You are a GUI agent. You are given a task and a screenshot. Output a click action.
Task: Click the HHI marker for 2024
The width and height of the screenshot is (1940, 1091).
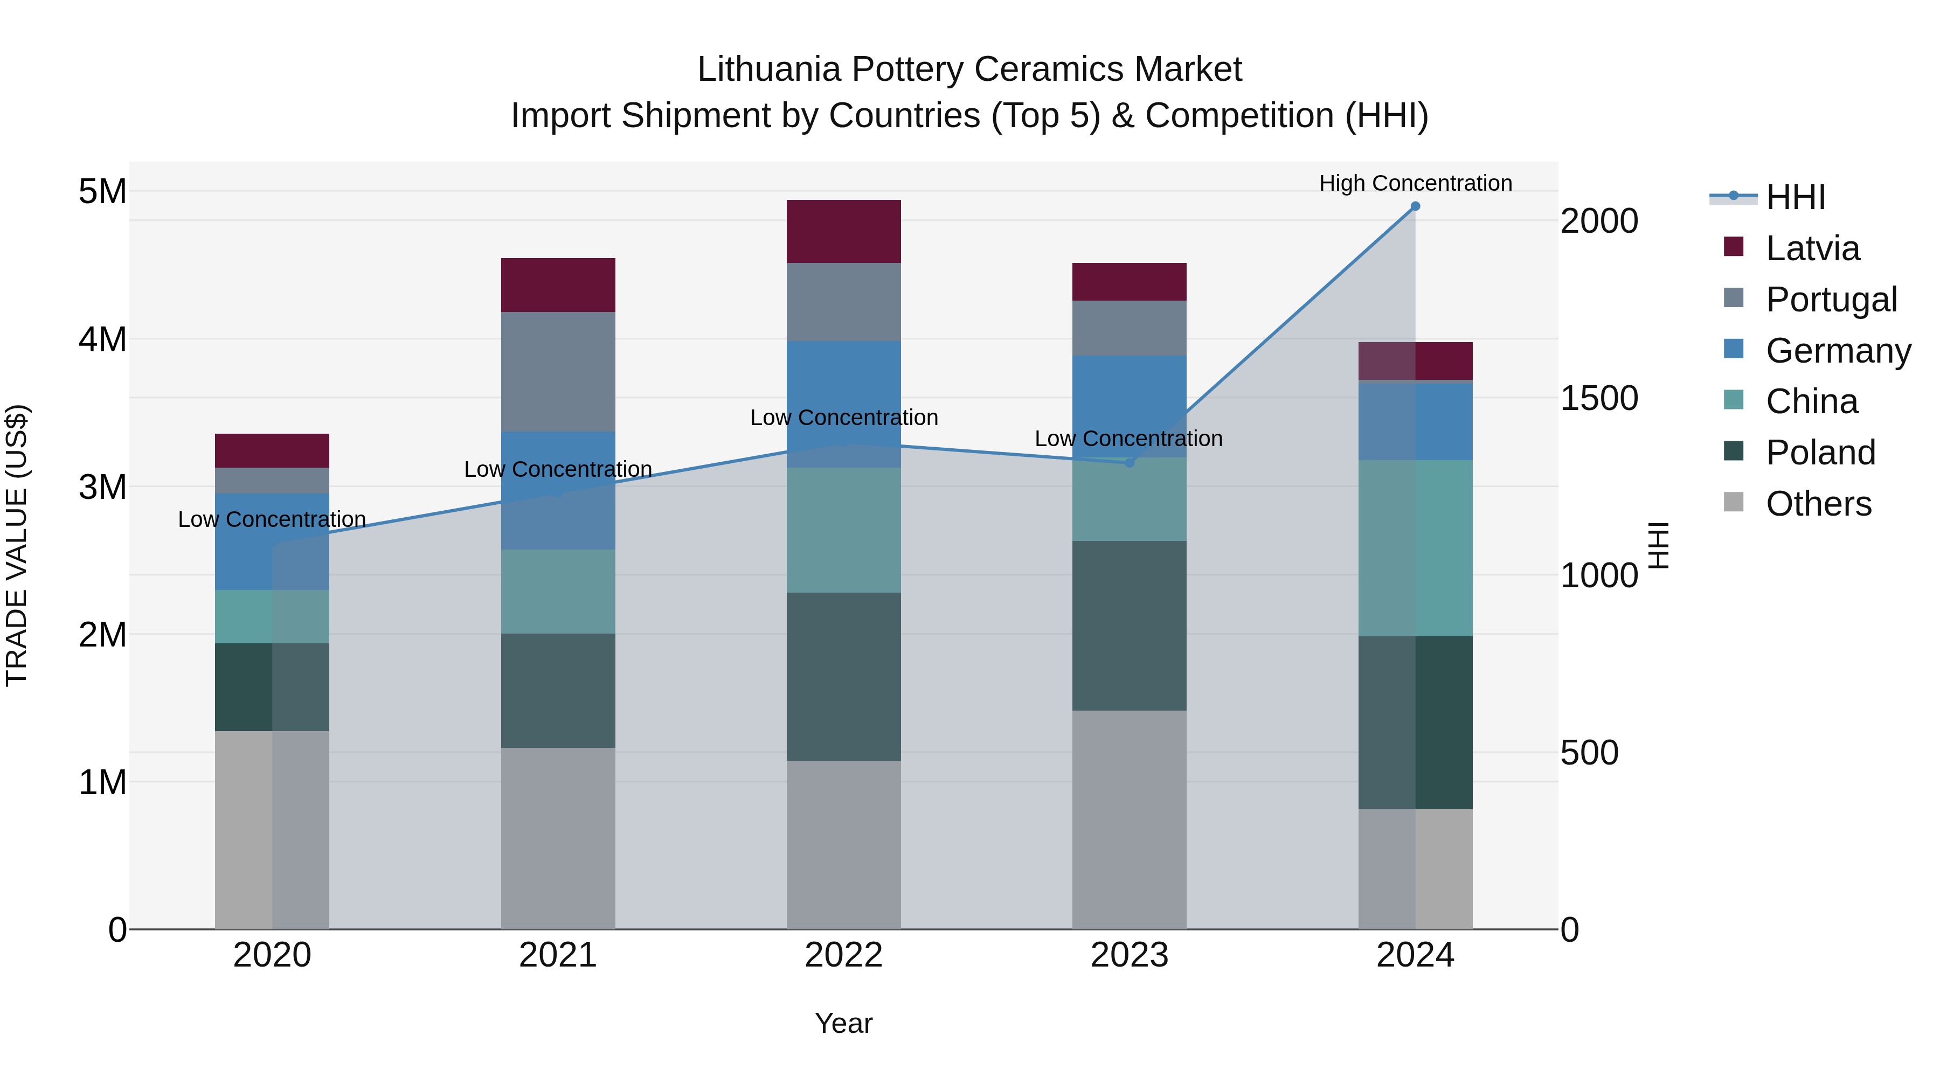point(1415,206)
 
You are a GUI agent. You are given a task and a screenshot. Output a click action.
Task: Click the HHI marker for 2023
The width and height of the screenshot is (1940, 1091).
point(1129,462)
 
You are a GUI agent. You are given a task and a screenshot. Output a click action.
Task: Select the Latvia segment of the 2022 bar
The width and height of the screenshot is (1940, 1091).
point(843,231)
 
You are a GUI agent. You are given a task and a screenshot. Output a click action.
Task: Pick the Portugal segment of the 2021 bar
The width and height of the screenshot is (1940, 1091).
point(558,371)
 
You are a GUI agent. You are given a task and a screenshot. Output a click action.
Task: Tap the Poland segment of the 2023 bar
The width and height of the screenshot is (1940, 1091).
point(1129,625)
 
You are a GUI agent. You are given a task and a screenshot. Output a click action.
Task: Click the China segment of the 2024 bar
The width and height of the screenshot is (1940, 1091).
point(1415,547)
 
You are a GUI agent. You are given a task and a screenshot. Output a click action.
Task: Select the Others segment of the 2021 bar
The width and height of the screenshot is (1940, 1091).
point(558,837)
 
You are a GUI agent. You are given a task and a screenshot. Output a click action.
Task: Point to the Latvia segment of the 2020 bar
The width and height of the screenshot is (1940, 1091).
point(272,450)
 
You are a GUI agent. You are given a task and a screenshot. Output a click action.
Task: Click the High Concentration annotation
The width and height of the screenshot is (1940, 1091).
point(1415,183)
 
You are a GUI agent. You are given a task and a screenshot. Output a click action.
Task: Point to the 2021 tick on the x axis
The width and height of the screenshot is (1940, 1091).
point(558,955)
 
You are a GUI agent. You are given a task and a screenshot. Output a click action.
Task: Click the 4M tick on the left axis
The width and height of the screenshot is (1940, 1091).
point(103,339)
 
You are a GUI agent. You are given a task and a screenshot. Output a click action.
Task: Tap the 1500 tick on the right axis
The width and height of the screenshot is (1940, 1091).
point(1598,398)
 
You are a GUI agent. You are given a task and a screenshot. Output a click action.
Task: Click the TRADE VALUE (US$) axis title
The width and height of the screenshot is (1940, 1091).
point(17,545)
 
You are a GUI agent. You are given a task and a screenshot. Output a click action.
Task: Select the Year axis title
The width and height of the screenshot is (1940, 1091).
point(843,1023)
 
